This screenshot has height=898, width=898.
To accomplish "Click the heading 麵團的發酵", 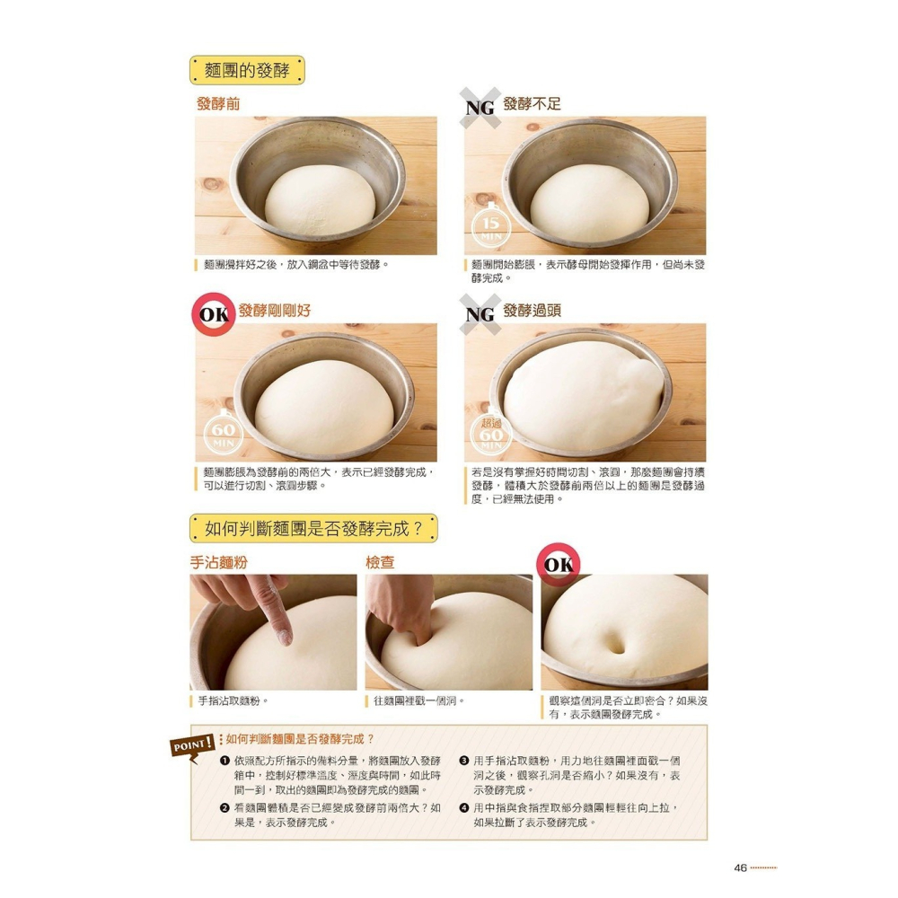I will [x=247, y=70].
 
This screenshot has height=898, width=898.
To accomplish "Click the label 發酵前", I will [x=218, y=103].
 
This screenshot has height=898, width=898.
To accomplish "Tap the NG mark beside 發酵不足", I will [x=480, y=107].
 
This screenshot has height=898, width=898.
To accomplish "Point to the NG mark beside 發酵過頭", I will [x=480, y=313].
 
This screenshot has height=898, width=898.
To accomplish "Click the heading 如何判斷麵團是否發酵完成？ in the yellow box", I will [x=314, y=529].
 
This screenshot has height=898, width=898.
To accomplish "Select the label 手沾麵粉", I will [x=218, y=562].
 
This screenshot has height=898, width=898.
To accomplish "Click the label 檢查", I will [x=380, y=562].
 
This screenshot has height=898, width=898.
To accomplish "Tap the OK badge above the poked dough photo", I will [x=559, y=565].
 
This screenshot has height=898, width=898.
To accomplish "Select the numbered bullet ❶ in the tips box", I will [x=224, y=761].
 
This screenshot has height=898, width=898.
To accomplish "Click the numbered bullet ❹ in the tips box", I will [x=464, y=807].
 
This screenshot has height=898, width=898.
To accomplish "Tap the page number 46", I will [x=740, y=867].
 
